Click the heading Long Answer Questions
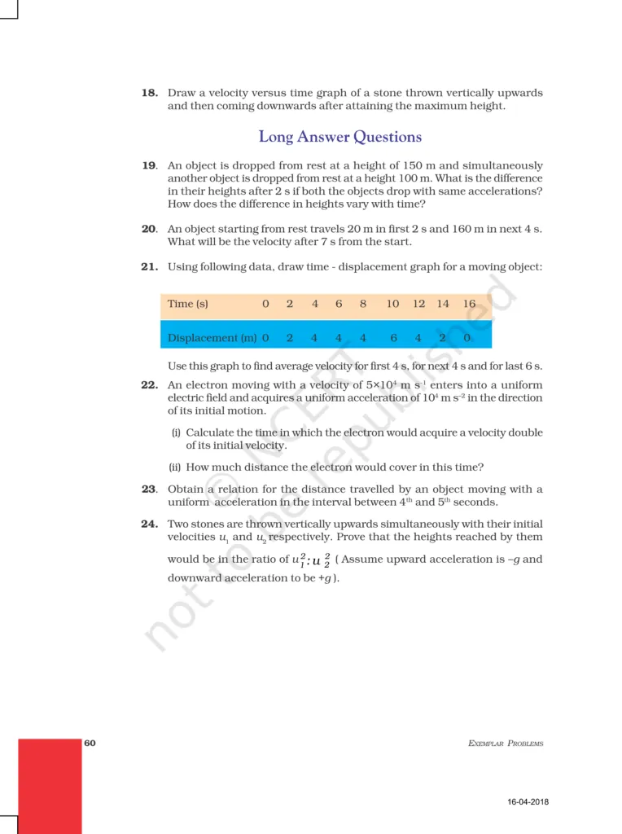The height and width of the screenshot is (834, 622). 339,137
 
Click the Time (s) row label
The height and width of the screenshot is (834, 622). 188,304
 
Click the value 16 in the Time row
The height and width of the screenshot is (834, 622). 469,304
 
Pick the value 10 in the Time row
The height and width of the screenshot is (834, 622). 392,304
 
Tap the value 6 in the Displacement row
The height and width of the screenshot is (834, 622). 392,337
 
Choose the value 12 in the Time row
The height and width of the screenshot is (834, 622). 418,304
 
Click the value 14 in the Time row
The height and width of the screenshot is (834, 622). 443,304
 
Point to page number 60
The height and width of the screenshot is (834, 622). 90,743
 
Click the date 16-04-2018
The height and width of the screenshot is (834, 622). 527,802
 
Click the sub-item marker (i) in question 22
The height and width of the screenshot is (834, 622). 176,432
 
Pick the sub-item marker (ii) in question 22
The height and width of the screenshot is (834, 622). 175,467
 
